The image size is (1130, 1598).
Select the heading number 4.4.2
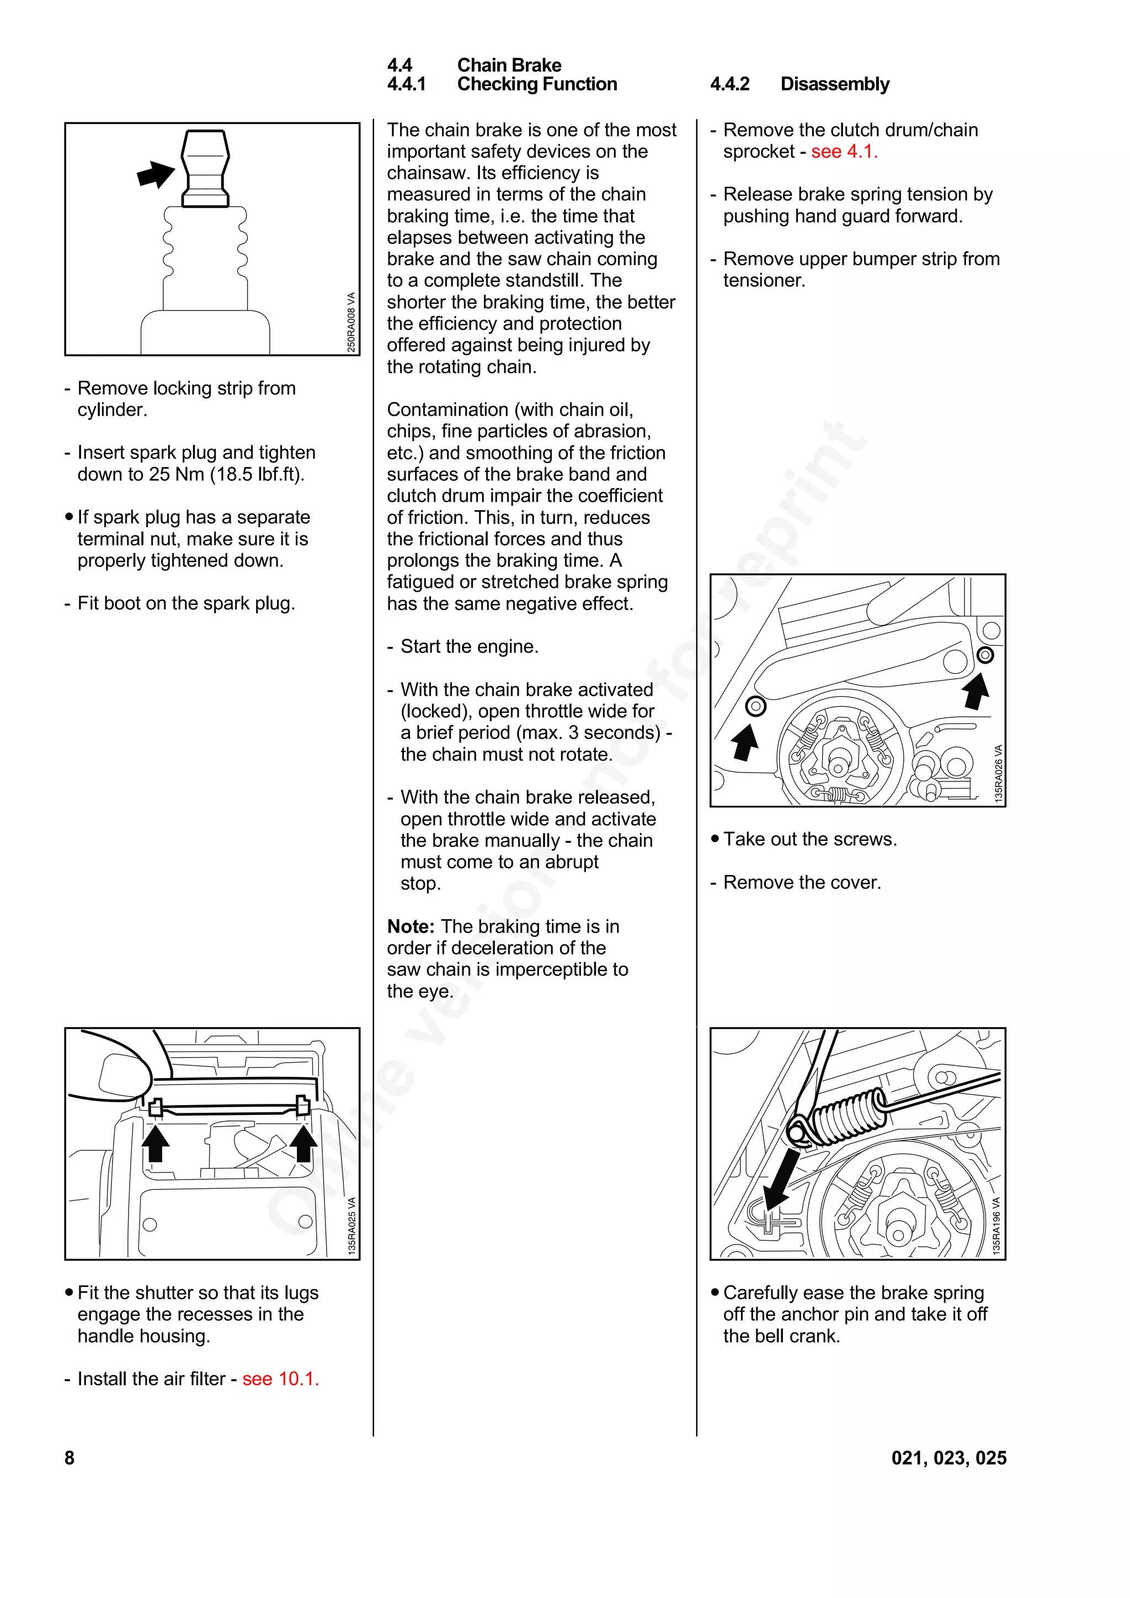coord(729,84)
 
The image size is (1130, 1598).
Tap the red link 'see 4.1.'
coord(844,152)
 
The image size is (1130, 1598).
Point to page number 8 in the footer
coord(69,1457)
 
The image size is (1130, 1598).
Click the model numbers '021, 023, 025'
coord(948,1457)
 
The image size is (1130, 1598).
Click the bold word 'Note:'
coord(410,926)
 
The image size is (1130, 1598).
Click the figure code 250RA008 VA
coord(351,321)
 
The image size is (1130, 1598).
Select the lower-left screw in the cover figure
coord(755,706)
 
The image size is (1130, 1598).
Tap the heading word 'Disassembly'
coord(834,84)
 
